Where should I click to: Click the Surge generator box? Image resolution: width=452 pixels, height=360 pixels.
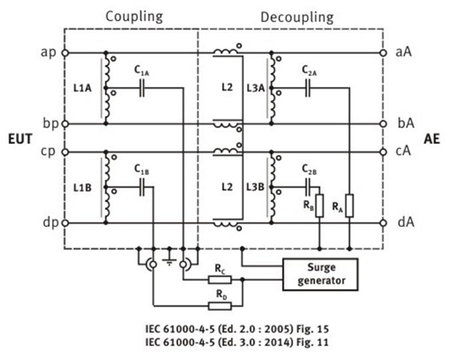(x=321, y=274)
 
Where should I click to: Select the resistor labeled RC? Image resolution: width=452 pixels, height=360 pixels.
(x=219, y=280)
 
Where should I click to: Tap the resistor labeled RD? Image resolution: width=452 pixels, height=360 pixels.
(x=219, y=306)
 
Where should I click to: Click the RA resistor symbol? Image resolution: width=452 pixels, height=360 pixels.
(x=349, y=205)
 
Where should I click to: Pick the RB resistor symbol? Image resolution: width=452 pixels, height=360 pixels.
(x=320, y=205)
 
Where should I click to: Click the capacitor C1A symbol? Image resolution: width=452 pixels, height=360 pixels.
(x=141, y=88)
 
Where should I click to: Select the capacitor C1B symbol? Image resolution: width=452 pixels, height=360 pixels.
(x=141, y=188)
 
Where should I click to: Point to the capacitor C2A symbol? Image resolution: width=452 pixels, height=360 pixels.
(x=308, y=88)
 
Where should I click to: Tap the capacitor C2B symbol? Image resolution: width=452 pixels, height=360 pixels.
(x=308, y=188)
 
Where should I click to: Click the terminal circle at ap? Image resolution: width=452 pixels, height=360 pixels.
(x=65, y=53)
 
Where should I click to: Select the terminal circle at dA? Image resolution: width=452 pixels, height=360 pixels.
(x=383, y=223)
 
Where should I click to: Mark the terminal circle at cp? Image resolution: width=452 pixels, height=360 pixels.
(x=65, y=152)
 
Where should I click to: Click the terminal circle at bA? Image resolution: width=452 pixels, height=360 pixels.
(x=383, y=124)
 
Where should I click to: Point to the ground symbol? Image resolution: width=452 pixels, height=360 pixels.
(x=169, y=259)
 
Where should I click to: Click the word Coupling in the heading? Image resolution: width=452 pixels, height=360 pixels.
(x=134, y=17)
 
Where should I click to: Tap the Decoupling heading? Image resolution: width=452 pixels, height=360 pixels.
(x=297, y=18)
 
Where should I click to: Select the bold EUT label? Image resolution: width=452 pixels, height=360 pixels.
(x=20, y=139)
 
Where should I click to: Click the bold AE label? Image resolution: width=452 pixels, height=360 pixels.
(x=432, y=139)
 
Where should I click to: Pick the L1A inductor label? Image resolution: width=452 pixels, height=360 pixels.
(x=82, y=88)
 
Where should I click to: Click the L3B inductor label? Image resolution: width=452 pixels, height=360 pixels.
(x=255, y=187)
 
